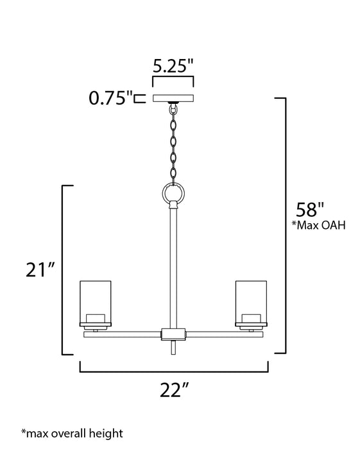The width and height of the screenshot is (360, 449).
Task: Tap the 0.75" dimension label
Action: pos(110,98)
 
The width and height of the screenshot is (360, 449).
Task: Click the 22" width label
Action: pos(173,389)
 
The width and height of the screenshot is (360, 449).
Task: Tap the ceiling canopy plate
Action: pos(173,98)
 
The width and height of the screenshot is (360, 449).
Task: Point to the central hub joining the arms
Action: pos(173,334)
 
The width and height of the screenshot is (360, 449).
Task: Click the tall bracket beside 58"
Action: pos(283,224)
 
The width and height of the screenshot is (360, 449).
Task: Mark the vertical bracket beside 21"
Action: pos(63,269)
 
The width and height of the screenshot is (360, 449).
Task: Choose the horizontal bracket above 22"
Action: pos(173,370)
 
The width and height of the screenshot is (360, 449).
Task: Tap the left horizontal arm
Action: pos(122,334)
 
